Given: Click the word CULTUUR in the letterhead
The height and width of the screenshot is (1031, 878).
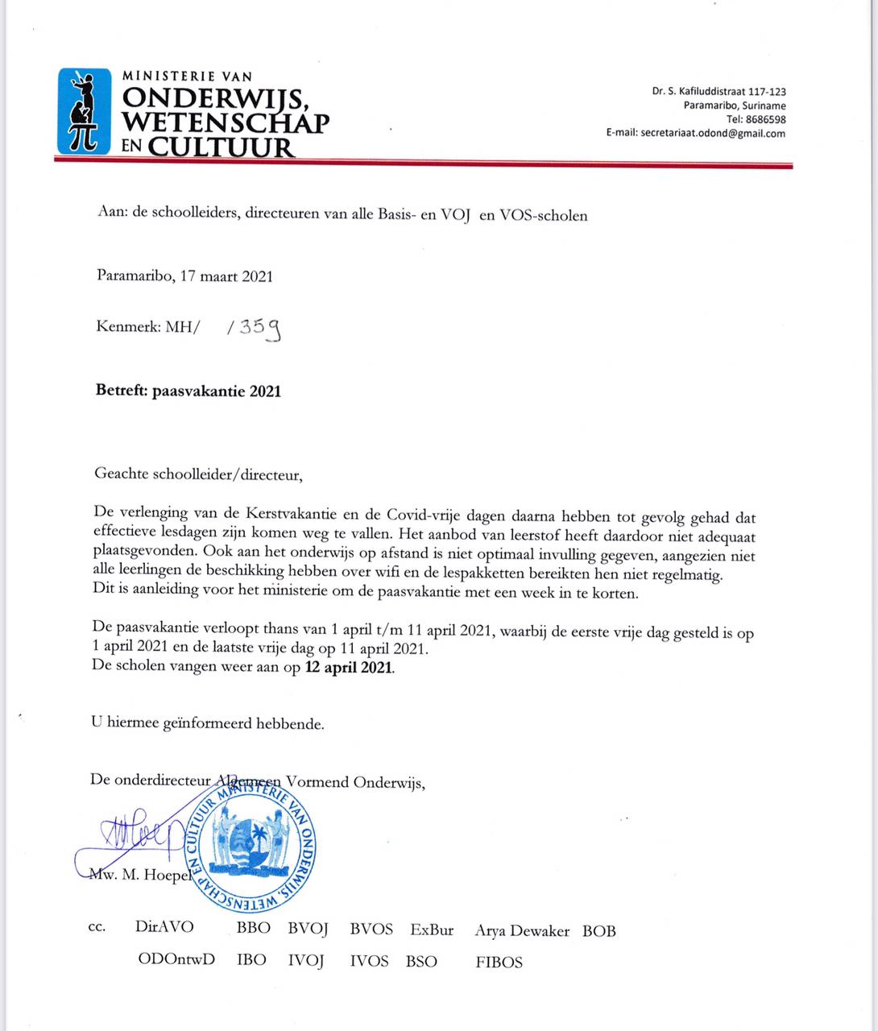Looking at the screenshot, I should [219, 146].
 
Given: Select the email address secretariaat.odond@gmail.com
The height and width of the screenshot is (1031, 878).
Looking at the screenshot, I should [713, 134].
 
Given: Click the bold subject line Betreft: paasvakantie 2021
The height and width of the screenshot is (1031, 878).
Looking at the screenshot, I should [188, 391].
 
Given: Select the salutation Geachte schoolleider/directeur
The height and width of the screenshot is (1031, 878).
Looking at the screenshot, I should [197, 474].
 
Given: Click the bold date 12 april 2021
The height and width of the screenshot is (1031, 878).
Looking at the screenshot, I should [349, 668].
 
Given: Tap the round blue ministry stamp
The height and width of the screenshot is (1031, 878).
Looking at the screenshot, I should [251, 847].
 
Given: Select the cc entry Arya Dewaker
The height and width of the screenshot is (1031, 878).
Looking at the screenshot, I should [522, 930].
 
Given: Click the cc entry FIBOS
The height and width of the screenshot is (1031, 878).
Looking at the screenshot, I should [499, 962].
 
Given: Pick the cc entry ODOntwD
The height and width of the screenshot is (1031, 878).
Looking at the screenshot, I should [176, 960].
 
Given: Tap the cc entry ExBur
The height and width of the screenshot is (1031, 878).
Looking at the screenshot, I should [432, 930].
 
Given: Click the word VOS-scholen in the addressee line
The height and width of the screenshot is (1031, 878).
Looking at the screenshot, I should [545, 215].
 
